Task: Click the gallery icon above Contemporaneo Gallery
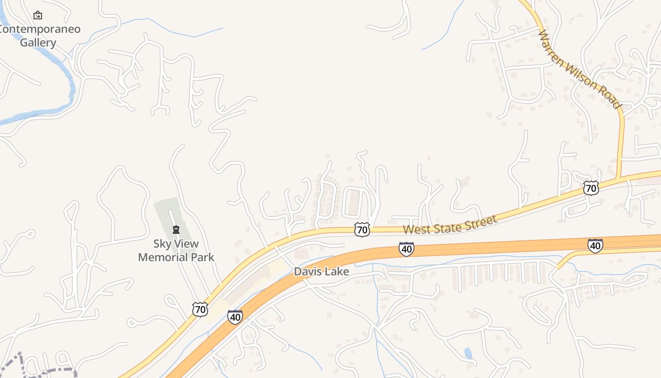click(38, 16)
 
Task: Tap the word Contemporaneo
click(39, 29)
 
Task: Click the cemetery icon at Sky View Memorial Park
click(176, 230)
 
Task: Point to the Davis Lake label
click(321, 272)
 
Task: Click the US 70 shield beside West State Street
click(362, 230)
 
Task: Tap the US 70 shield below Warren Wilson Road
click(591, 188)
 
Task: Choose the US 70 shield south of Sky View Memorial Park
click(200, 309)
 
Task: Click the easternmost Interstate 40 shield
click(595, 245)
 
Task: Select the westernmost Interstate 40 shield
click(235, 317)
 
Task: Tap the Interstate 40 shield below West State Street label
click(406, 249)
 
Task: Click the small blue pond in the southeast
click(468, 353)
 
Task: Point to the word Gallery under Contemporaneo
click(38, 43)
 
